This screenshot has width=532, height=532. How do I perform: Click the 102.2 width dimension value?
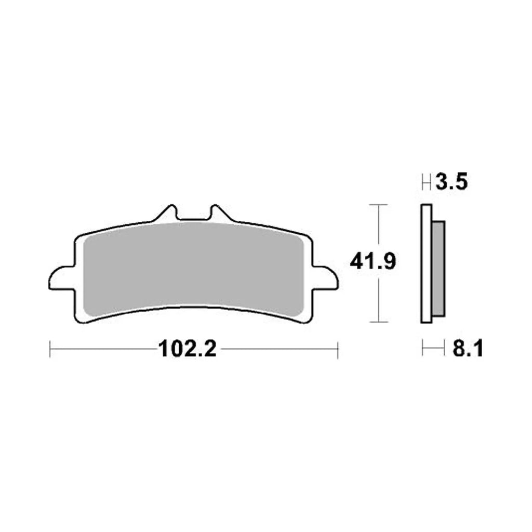187,349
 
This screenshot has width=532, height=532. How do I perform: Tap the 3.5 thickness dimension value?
452,182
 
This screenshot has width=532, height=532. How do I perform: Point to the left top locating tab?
167,214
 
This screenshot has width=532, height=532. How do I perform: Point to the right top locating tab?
218,214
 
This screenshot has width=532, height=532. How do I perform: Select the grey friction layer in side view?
438,268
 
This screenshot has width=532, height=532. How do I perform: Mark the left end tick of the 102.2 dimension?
50,349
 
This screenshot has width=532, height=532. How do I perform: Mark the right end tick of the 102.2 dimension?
338,349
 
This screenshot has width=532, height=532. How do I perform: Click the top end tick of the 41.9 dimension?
378,205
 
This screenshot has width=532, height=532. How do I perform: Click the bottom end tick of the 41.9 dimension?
378,322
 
